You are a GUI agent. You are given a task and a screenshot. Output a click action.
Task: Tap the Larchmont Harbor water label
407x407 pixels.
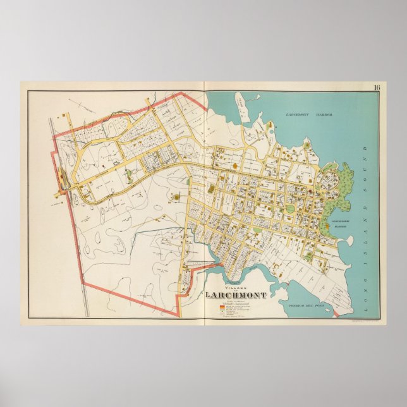(308, 115)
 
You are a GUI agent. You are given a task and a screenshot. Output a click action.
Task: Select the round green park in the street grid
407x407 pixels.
(291, 209)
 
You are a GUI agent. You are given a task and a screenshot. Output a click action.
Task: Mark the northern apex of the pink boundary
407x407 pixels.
(185, 93)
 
